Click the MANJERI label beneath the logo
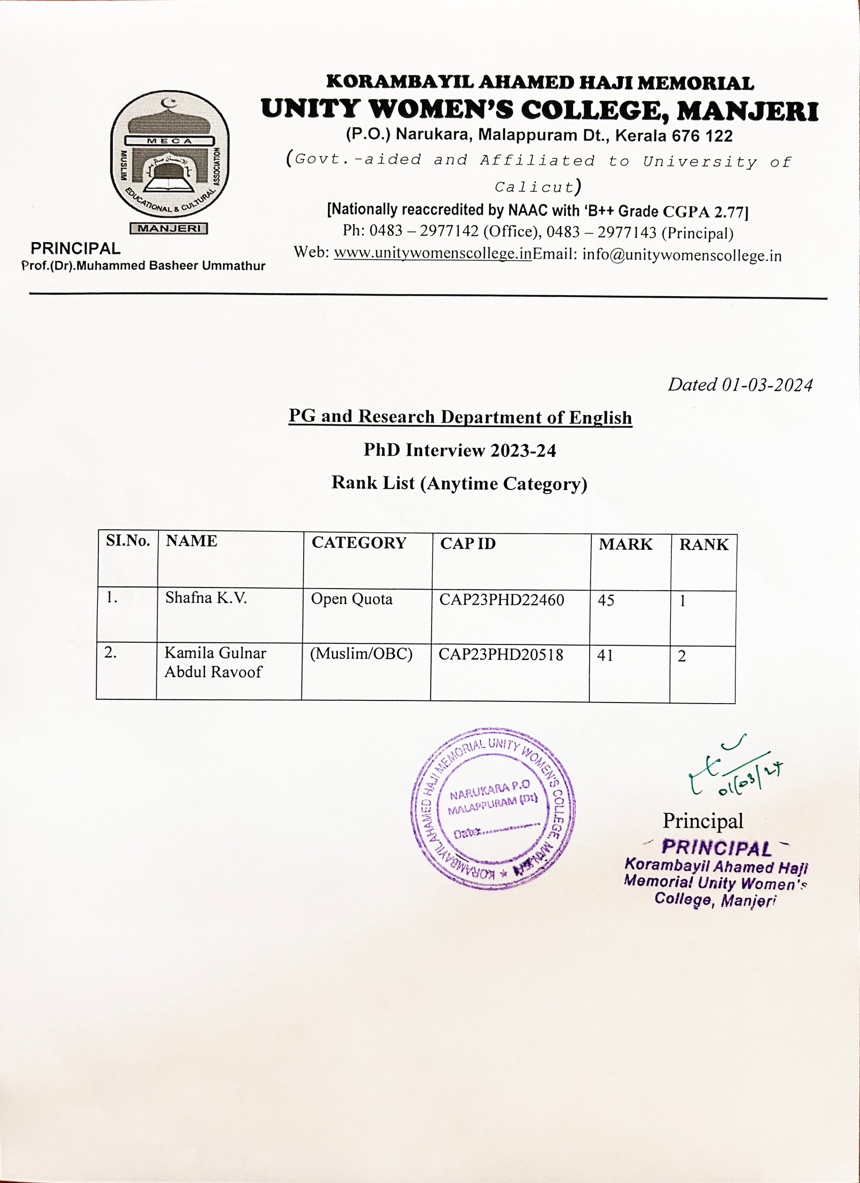[x=169, y=228]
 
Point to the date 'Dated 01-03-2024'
[x=740, y=385]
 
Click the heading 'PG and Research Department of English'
[x=460, y=417]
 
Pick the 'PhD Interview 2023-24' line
[x=460, y=450]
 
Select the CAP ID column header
[x=468, y=543]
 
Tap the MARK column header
[x=626, y=544]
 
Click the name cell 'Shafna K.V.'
[x=206, y=598]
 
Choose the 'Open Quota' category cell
[x=352, y=599]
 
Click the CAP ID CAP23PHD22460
[x=501, y=600]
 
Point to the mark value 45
[x=606, y=600]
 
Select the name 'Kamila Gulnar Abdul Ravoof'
[x=215, y=662]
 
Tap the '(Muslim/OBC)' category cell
[x=361, y=654]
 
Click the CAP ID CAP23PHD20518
[x=501, y=655]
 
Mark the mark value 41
[x=605, y=655]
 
